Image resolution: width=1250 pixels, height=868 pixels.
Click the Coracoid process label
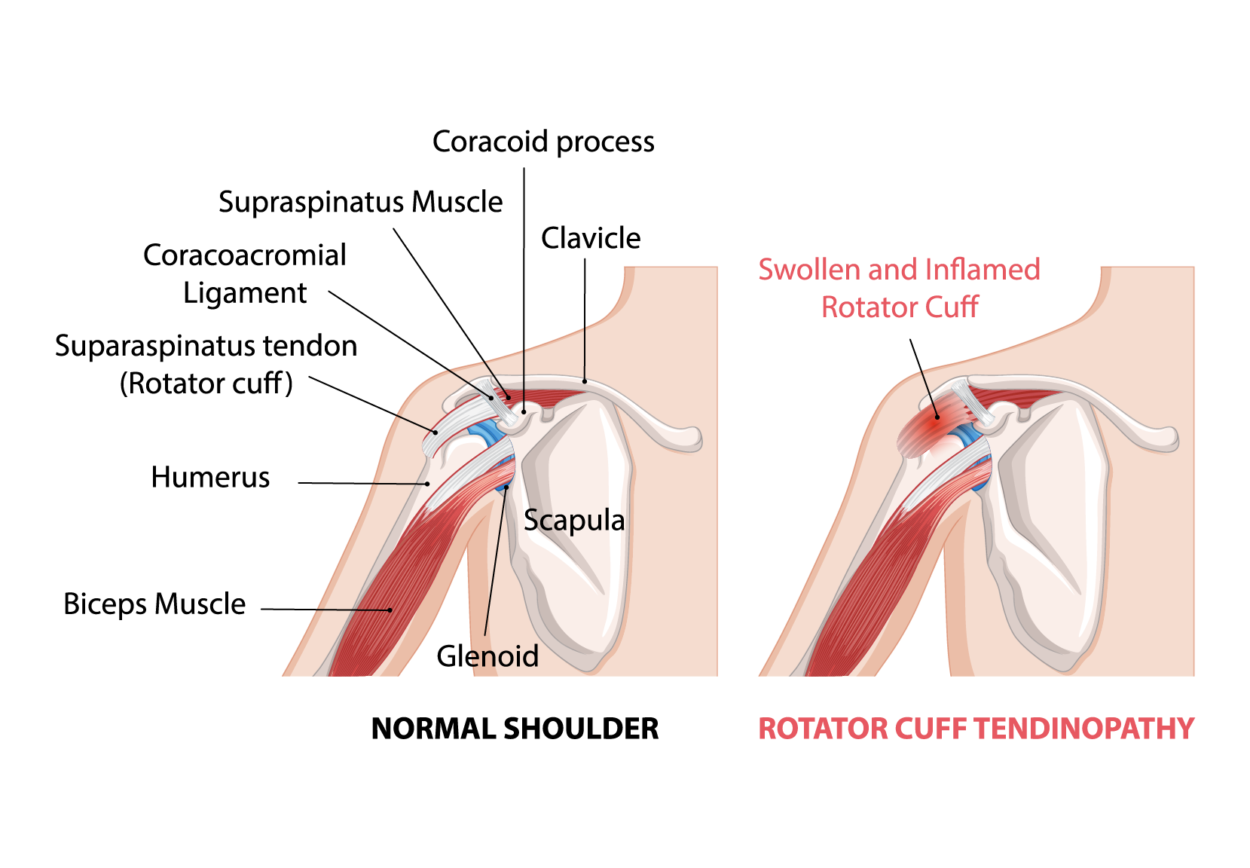tap(542, 142)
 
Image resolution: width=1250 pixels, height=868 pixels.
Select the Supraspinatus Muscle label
tap(360, 202)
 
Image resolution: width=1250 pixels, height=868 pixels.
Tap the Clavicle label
tap(591, 238)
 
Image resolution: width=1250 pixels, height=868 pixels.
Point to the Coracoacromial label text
tap(245, 255)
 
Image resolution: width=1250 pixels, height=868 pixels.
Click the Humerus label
tap(210, 477)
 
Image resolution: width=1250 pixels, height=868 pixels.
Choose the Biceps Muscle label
tap(154, 604)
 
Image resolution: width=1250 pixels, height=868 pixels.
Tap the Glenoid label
tap(487, 656)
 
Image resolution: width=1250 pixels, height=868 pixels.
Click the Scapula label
tap(574, 521)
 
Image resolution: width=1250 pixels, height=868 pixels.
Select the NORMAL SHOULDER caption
tap(515, 729)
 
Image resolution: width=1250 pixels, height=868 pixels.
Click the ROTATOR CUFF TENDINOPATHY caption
tap(976, 729)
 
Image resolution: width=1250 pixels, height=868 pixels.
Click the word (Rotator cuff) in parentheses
tap(206, 384)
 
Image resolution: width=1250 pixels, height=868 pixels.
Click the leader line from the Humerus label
tap(362, 483)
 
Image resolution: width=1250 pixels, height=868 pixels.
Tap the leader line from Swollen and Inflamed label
tap(924, 377)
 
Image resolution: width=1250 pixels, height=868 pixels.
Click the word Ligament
tap(245, 293)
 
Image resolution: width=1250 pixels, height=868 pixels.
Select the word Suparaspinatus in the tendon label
tap(148, 346)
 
